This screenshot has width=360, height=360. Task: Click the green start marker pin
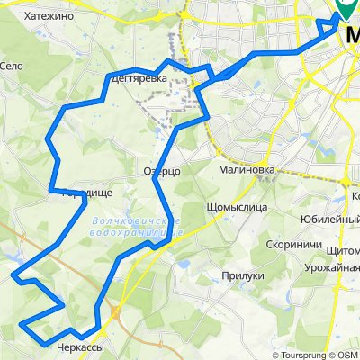346,8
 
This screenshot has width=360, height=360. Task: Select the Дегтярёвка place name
138,79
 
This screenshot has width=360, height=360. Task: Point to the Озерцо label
162,170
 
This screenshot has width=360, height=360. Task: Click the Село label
11,66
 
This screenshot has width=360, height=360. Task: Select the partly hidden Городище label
70,192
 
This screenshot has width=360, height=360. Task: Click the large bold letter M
351,31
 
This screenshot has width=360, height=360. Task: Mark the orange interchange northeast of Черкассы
115,313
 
